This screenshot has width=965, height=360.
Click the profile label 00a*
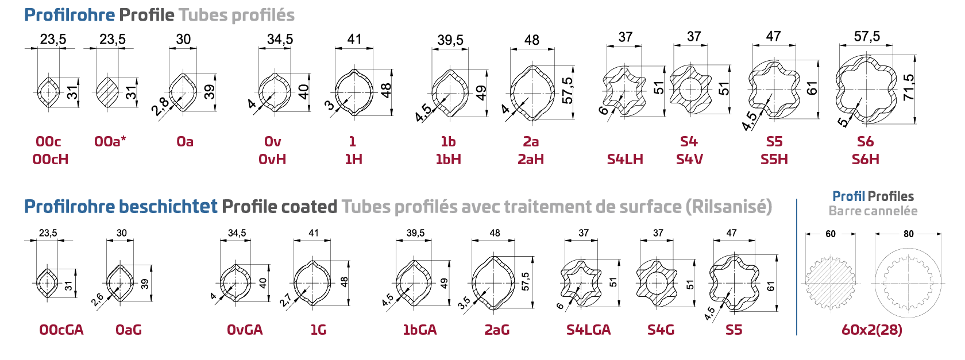point(110,141)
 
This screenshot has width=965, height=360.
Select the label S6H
point(866,160)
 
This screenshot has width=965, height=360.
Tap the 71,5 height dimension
point(908,87)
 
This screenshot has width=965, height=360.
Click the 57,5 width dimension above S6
point(867,37)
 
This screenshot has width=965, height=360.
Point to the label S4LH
point(625,160)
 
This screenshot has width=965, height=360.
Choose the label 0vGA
point(245,330)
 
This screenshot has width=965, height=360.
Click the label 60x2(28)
point(871,330)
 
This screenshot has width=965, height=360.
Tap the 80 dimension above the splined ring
point(909,234)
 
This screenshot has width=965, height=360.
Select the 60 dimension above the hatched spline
point(831,234)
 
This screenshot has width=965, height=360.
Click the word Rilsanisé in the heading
point(729,207)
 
